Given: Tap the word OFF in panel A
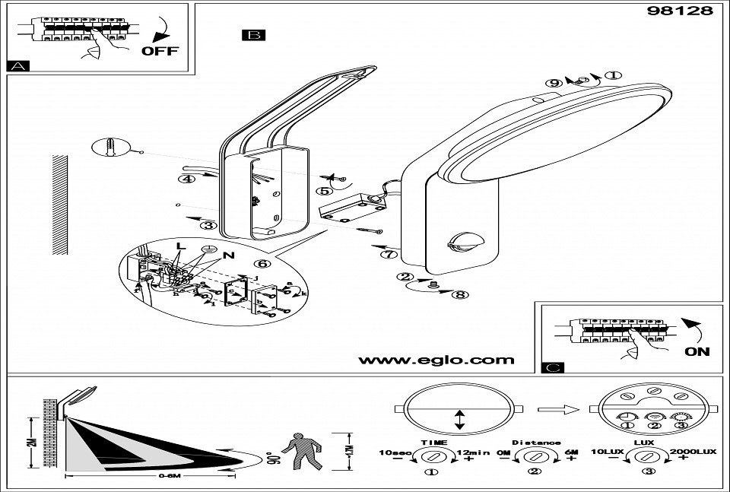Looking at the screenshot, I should [x=160, y=51].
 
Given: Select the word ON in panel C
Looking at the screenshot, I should [x=697, y=351].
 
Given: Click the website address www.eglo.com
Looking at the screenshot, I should [x=436, y=360].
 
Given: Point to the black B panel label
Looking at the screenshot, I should [x=252, y=35].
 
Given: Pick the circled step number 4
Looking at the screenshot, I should [x=184, y=179].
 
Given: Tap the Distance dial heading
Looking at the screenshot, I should [x=536, y=442].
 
